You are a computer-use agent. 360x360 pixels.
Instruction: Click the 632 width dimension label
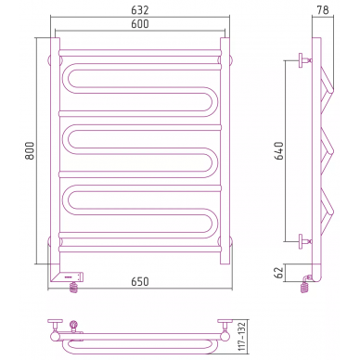point(140,10)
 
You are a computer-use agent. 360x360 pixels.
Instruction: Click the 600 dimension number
point(140,24)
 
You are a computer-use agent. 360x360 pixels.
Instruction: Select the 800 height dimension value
point(30,150)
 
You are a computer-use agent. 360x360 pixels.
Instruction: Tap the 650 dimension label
point(140,282)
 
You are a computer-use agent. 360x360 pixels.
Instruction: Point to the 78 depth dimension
point(323,10)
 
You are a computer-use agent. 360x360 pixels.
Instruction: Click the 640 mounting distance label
point(279,150)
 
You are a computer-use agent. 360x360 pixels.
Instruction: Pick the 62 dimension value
point(279,273)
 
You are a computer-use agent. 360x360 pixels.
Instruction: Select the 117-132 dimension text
point(242,337)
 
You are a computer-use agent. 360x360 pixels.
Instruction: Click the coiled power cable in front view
point(74,288)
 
